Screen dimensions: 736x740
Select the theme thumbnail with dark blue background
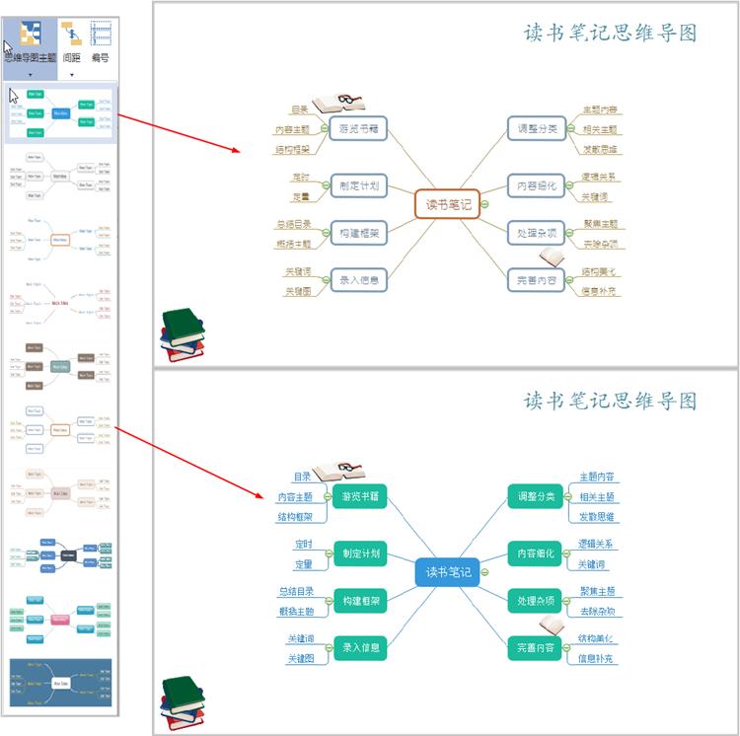tap(60, 682)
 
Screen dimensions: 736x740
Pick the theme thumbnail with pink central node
tap(60, 619)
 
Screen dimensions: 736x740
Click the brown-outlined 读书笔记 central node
tap(447, 204)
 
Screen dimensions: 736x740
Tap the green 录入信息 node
tap(359, 648)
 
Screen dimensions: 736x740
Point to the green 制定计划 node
tap(359, 552)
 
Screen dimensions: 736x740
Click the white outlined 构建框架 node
tap(357, 232)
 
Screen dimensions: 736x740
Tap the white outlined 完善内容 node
tap(537, 280)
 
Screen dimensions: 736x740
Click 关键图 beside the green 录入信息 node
tap(300, 658)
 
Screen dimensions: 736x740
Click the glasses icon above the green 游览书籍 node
tap(338, 471)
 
